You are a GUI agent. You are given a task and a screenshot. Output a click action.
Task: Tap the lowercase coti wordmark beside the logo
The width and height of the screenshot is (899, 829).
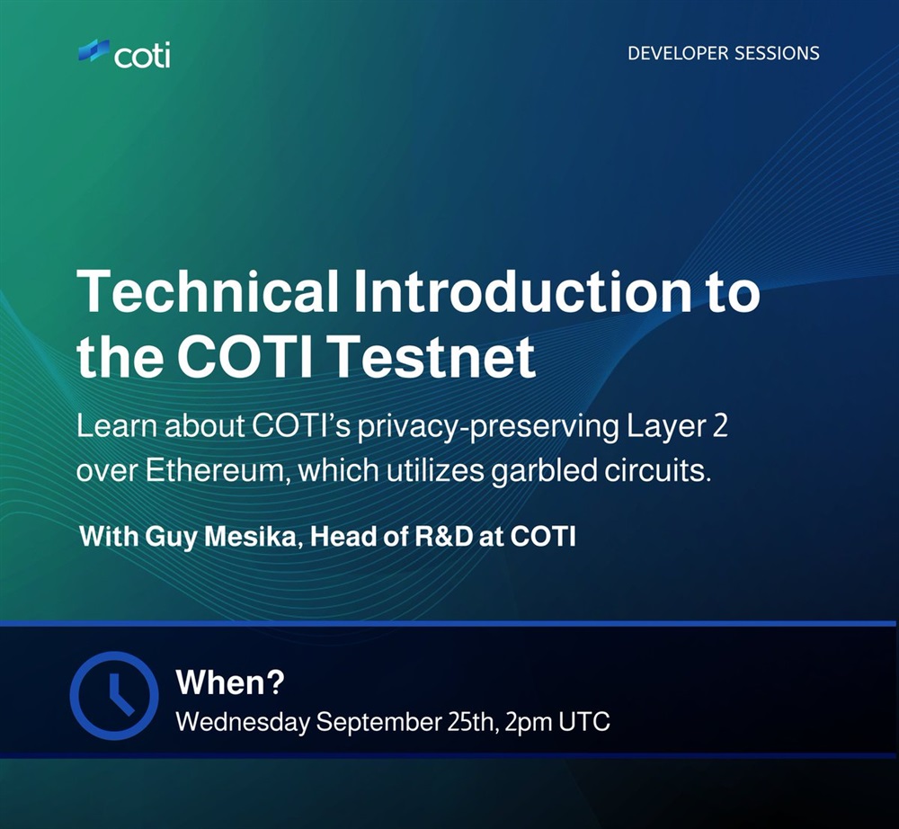click(x=142, y=56)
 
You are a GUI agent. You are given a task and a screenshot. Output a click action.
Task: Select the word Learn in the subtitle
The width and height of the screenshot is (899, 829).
click(x=118, y=427)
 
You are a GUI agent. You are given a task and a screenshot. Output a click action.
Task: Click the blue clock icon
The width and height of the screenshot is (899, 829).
click(x=114, y=695)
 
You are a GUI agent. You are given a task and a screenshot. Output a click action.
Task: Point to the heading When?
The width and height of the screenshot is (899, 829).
click(x=230, y=682)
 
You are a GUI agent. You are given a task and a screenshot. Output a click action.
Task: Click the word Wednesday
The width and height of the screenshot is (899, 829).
click(x=243, y=721)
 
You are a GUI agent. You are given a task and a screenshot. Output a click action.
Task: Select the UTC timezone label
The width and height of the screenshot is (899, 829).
click(x=584, y=721)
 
